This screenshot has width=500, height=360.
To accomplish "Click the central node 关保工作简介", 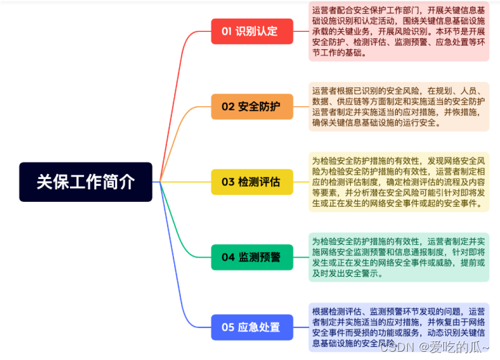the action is point(85,182).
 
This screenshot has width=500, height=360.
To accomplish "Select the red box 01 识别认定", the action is point(252,31).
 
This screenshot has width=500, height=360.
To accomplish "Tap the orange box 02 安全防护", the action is point(252,107).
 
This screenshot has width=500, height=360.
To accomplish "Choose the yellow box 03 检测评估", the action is point(252,182).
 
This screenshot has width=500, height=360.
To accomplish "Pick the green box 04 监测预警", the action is point(252,257).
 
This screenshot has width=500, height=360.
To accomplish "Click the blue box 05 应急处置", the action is point(252,327).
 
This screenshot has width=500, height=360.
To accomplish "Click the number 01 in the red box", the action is point(227,31).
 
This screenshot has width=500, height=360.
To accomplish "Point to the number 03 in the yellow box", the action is point(228,182).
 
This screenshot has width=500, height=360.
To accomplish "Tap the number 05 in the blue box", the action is point(228,327).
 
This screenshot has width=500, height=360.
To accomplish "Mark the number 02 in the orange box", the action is point(228,107).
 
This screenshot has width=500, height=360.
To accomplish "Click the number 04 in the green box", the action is point(228,257).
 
